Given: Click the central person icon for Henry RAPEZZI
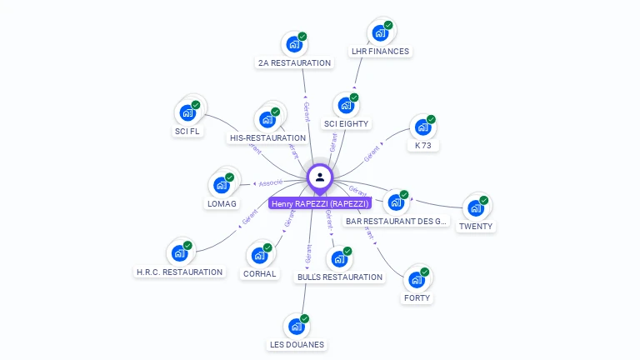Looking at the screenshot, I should click(320, 177).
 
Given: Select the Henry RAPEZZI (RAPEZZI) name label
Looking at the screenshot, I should click(320, 203).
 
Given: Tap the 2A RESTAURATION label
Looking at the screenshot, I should click(294, 62).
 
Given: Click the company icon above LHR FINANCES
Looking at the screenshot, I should click(381, 32).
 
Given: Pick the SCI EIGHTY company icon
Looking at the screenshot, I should click(346, 105).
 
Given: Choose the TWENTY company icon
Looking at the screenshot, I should click(476, 207).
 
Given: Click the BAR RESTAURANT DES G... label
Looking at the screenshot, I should click(397, 222).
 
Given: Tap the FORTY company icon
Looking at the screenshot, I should click(417, 279).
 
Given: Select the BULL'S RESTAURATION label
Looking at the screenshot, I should click(339, 277).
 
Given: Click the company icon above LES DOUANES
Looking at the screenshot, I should click(297, 326).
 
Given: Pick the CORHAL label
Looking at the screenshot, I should click(260, 273).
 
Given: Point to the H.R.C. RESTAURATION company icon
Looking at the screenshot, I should click(179, 252).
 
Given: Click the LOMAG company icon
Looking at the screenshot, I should click(222, 184).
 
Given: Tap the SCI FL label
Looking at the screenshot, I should click(187, 131).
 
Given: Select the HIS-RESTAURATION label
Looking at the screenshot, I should click(267, 137).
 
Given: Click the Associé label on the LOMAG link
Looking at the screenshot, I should click(271, 182).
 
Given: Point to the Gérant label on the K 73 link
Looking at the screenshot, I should click(372, 153).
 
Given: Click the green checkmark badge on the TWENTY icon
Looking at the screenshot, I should click(483, 201).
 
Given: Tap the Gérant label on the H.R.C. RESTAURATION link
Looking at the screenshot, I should click(249, 217).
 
